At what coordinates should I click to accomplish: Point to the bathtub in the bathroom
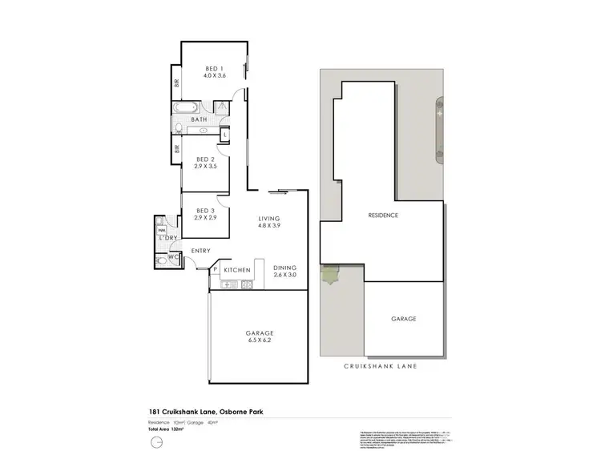pos(183,107)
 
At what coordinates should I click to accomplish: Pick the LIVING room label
pos(268,218)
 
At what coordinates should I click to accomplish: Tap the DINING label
pos(284,268)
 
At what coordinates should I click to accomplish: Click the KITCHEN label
pos(237,271)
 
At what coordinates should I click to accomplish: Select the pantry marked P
pos(216,270)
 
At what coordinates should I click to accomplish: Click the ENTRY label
pos(200,251)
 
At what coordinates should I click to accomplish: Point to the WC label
pos(172,256)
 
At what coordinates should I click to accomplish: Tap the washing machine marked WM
pos(161,230)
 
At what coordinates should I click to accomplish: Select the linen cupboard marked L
pos(224,133)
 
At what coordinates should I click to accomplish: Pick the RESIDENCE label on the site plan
pos(383,215)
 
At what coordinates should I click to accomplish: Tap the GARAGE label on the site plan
pos(403,319)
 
